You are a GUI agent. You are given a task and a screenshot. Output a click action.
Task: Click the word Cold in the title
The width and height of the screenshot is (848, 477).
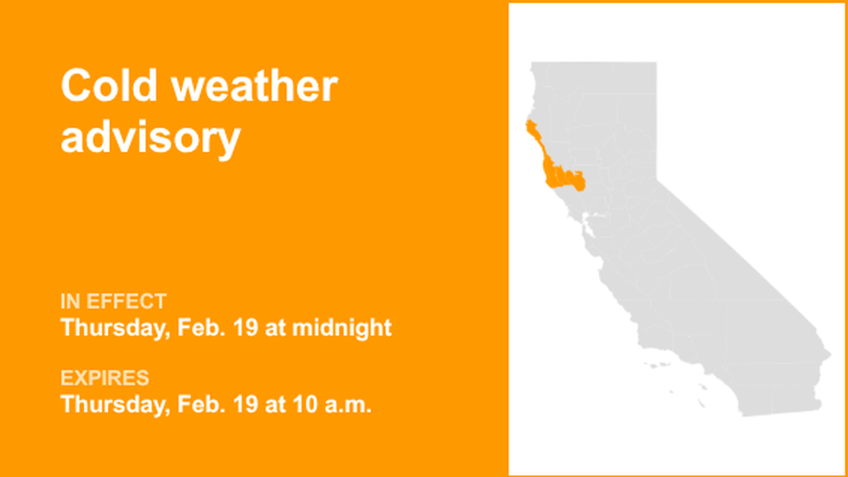tap(110, 87)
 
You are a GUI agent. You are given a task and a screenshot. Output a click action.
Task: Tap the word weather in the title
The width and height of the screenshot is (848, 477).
tap(255, 87)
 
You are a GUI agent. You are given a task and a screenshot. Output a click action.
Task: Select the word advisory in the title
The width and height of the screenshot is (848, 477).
tap(150, 138)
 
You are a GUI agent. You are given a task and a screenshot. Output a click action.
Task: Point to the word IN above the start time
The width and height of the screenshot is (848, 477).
tap(71, 302)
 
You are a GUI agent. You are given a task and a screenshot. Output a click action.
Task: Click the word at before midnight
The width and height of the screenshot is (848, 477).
tap(275, 327)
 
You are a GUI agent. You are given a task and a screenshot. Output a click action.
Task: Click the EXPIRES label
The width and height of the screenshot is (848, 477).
tap(105, 378)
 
